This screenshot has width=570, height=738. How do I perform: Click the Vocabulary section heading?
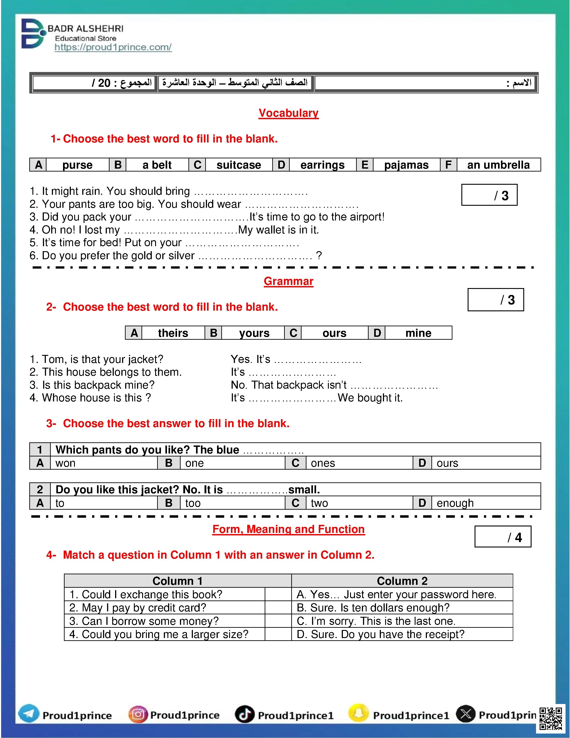pos(288,113)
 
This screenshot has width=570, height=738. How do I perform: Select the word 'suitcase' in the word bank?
pos(239,165)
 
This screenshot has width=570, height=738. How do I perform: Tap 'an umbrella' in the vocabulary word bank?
pos(498,165)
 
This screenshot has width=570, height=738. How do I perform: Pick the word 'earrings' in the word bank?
pos(323,165)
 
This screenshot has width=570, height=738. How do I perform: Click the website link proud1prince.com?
pos(113,47)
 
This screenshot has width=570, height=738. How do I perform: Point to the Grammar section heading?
pos(288,281)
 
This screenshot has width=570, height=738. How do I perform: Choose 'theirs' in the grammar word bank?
pos(173,333)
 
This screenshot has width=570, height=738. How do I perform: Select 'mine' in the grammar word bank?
pos(418,333)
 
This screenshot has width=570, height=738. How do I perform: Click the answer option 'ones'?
pos(323,463)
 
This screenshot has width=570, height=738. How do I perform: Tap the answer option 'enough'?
pos(455,503)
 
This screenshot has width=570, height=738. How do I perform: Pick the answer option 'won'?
pos(65,463)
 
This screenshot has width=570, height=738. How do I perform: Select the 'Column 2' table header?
pos(402,581)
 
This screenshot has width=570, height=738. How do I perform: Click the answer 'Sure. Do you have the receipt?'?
pos(381,634)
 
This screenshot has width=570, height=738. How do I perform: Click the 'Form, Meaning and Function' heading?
pos(288,529)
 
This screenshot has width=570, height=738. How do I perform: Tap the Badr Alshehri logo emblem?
pos(32,34)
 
